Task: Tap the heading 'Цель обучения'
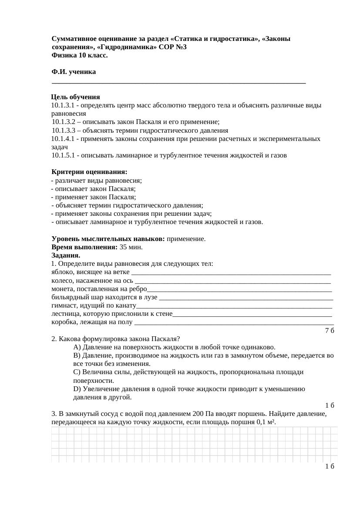75,97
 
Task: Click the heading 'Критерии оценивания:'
89,172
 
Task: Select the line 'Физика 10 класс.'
80,55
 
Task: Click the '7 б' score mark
330,330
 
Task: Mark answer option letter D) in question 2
77,389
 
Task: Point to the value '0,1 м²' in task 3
266,422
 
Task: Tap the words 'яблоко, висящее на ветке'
90,272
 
